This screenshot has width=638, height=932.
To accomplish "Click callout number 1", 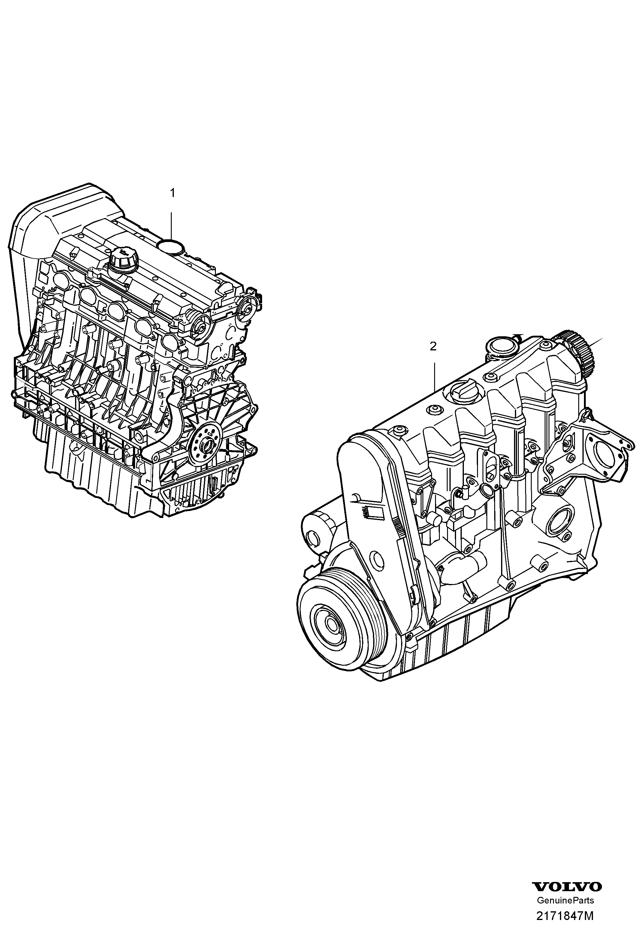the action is pyautogui.click(x=172, y=193).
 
